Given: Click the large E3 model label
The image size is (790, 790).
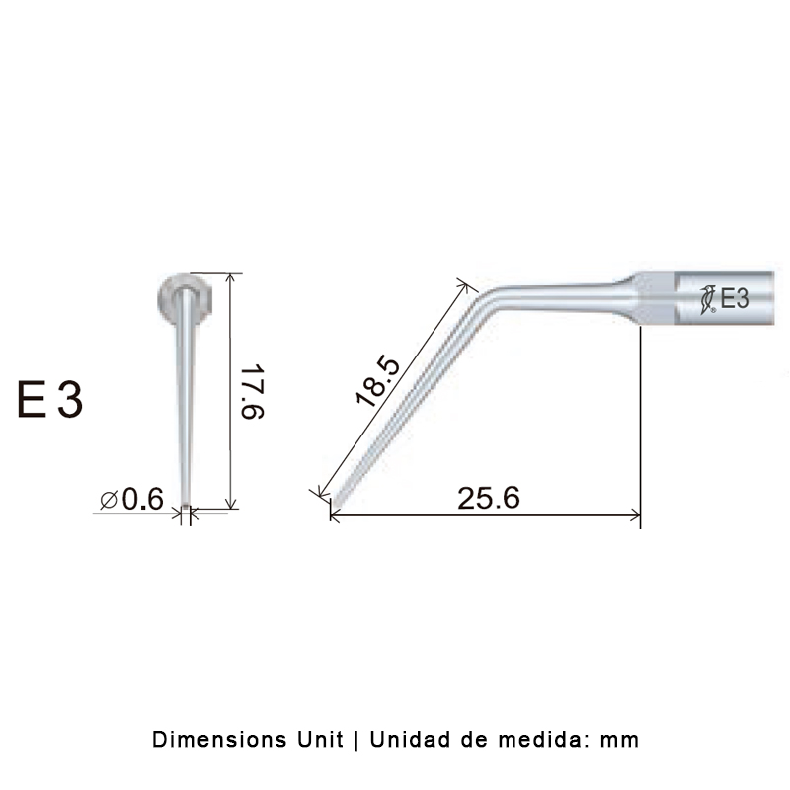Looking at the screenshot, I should click(x=50, y=402).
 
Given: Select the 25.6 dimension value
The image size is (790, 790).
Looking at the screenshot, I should click(x=488, y=498).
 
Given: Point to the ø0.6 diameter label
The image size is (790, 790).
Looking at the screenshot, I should click(x=131, y=500).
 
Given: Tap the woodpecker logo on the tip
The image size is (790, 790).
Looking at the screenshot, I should click(x=707, y=299).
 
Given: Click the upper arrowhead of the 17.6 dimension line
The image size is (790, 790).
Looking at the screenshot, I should click(x=231, y=276).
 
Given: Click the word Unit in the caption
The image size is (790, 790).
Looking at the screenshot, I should click(x=315, y=739).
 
